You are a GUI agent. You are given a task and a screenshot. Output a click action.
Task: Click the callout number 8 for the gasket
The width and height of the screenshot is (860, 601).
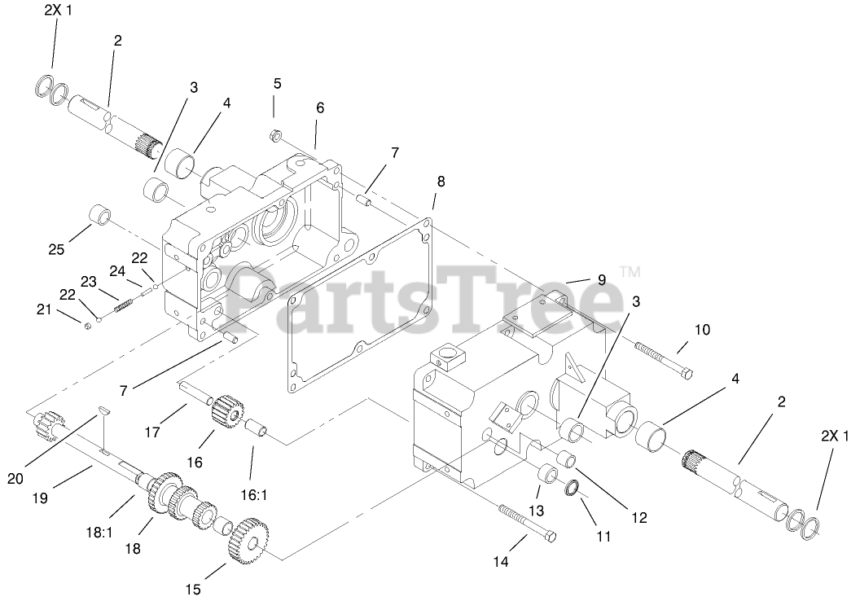(441, 181)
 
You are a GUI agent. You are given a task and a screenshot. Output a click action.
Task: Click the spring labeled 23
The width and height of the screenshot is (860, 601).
(125, 305)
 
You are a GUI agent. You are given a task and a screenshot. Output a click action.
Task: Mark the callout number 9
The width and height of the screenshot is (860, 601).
(602, 279)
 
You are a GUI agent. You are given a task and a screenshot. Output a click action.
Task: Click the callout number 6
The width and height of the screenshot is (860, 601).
(320, 107)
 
